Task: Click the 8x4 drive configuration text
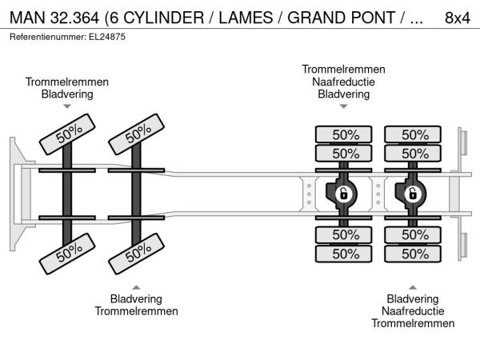pos(457,17)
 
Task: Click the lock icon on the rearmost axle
pos(414,194)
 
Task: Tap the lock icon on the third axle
pos(344,194)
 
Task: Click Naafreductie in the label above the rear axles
pos(343,82)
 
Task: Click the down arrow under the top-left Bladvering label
pos(67,106)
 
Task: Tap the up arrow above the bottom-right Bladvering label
pos(413,286)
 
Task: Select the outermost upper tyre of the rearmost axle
pos(414,134)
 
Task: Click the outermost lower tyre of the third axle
pos(344,254)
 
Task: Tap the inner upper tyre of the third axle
pos(344,153)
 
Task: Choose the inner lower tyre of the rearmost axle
pos(414,234)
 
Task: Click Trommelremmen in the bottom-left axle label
pos(137,310)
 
